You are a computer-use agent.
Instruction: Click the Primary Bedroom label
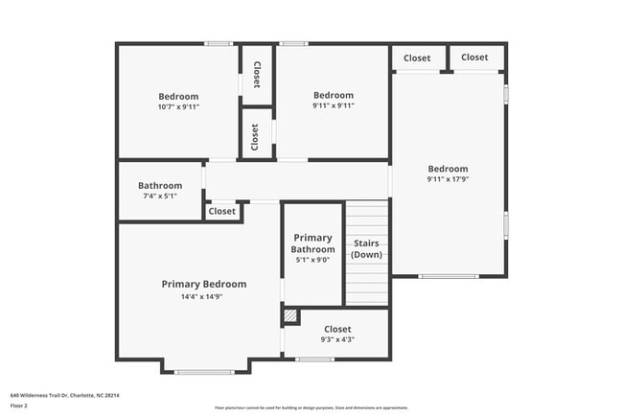203,284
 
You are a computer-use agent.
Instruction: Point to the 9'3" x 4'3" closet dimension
337,339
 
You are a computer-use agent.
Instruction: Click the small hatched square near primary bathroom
290,315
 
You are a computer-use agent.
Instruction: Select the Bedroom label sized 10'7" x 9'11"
178,96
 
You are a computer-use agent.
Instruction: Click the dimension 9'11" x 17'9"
448,179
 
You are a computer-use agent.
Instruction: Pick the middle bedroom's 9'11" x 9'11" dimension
334,106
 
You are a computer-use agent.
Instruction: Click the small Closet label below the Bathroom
221,211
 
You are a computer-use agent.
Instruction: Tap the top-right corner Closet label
474,58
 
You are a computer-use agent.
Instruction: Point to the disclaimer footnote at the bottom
311,406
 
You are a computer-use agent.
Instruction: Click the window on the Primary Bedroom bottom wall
204,372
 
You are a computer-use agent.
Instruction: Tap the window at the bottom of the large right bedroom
448,276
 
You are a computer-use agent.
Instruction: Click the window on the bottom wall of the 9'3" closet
314,359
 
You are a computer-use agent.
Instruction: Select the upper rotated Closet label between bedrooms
257,75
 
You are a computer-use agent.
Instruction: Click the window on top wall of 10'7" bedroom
219,43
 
